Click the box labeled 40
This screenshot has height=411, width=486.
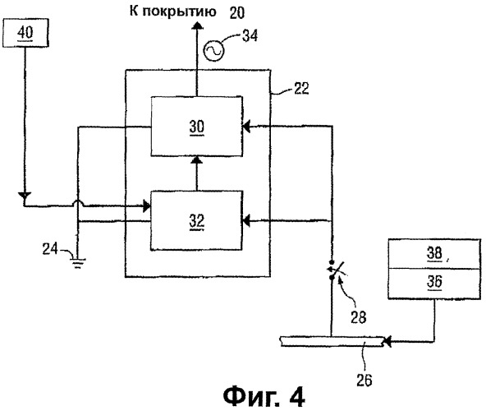(x=25, y=33)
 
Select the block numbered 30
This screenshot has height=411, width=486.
(x=196, y=127)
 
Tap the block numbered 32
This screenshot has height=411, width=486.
(x=196, y=221)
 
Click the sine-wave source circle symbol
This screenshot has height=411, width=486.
(x=214, y=51)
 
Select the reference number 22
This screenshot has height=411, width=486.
(x=301, y=89)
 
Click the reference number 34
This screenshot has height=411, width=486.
(x=250, y=35)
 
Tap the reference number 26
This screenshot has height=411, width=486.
(x=364, y=380)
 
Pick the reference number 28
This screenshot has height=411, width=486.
(x=358, y=317)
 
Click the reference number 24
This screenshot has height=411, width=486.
(x=50, y=249)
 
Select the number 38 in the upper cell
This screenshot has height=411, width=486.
(x=434, y=254)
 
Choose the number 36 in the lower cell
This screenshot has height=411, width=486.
(x=434, y=282)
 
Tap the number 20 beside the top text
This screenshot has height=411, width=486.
(x=237, y=13)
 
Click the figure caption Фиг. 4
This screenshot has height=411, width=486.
(x=264, y=397)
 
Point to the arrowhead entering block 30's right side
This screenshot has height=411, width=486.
(x=246, y=127)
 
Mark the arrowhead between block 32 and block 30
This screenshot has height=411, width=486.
(x=196, y=159)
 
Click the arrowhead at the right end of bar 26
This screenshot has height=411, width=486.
(x=387, y=342)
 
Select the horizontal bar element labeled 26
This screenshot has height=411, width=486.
(x=332, y=341)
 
